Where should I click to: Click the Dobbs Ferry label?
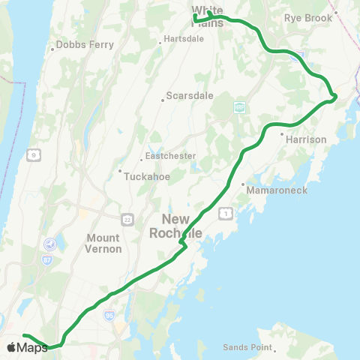77,49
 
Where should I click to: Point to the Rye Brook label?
307,17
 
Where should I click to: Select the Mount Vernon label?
103,243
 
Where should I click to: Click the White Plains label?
207,15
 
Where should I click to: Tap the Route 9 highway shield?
34,155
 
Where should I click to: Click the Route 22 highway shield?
127,219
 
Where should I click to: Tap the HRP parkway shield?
239,106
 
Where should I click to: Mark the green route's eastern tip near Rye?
335,95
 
